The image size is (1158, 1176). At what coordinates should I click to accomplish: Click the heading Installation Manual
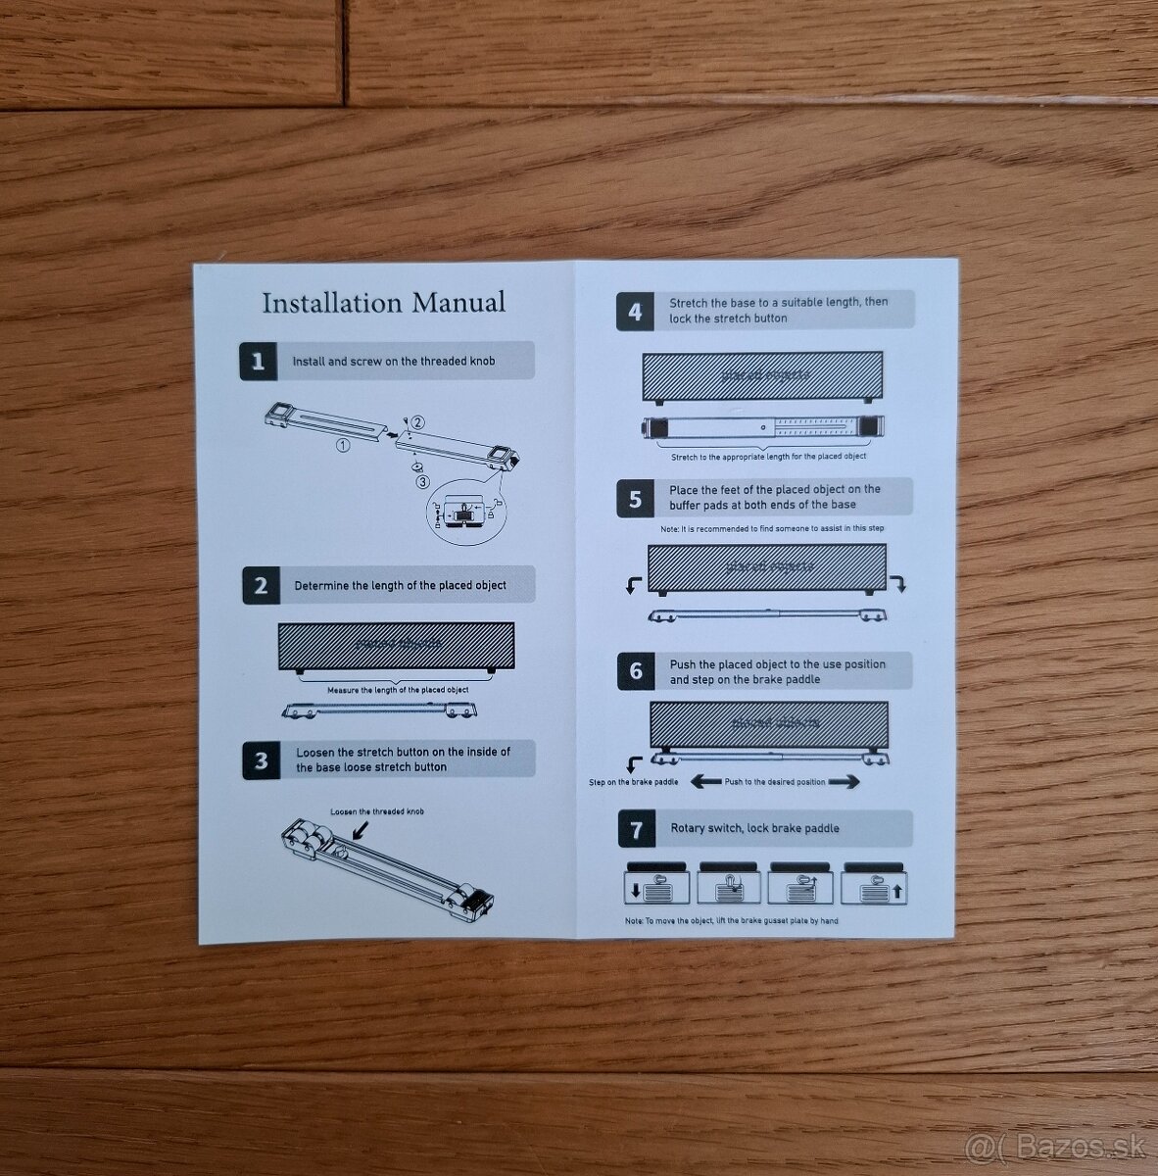coord(383,302)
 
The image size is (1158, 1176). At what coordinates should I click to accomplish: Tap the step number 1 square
coord(258,361)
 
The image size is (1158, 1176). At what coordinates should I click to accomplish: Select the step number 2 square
coord(261,585)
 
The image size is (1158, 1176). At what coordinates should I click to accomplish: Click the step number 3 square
coord(261,759)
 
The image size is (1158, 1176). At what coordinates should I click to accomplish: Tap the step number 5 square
coord(635,497)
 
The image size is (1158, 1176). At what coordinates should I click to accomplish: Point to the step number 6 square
coord(636,671)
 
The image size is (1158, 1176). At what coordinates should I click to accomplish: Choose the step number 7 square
coord(637,829)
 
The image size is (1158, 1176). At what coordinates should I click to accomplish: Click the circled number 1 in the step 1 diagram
coord(343,444)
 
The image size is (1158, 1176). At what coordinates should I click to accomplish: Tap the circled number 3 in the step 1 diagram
coord(421,481)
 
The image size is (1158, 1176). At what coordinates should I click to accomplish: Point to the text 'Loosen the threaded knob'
coord(377,811)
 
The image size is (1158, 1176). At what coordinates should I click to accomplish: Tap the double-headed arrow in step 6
coord(776,782)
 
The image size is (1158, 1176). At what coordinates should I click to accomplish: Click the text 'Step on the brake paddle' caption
coord(633,782)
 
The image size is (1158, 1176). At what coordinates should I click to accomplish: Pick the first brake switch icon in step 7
coord(657,884)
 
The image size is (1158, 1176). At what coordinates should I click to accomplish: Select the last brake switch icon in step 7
coord(875,884)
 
